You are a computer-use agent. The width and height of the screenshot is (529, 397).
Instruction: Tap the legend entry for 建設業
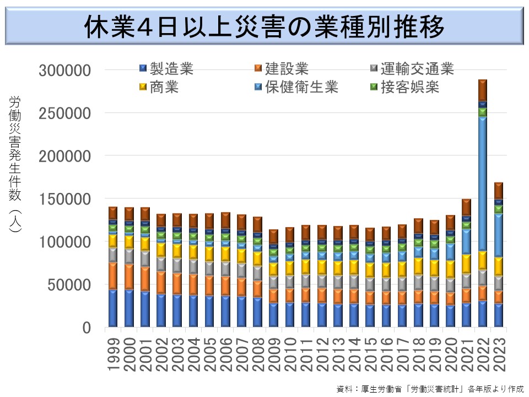[281, 69]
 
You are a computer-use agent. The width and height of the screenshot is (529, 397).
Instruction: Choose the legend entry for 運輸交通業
[411, 69]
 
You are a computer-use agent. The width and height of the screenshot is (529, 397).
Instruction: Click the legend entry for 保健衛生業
[295, 87]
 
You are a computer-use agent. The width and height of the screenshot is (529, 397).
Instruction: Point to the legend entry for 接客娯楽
[404, 87]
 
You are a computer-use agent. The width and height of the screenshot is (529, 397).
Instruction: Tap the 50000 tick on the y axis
[69, 285]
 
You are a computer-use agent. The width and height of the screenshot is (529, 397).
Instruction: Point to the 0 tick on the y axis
[85, 328]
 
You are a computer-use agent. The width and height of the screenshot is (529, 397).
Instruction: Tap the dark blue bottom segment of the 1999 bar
[114, 309]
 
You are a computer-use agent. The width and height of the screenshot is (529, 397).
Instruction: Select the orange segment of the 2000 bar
[129, 276]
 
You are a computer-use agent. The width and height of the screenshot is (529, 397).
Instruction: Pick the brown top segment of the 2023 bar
[499, 190]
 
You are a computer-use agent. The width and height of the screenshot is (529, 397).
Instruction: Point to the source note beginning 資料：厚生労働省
[430, 388]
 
